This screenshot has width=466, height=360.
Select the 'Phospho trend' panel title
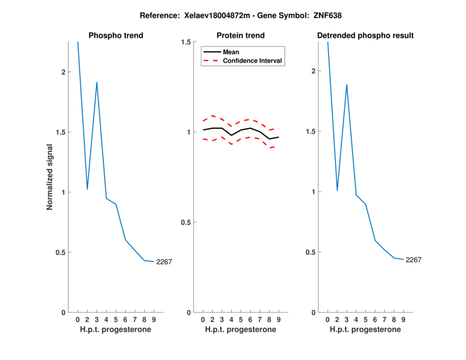[x=115, y=36]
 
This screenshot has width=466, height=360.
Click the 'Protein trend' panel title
[x=241, y=36]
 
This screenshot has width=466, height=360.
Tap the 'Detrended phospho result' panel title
[x=365, y=36]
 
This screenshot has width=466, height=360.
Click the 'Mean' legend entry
[x=231, y=52]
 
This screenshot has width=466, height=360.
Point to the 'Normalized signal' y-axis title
[x=50, y=177]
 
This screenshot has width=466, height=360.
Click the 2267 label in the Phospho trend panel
[x=164, y=262]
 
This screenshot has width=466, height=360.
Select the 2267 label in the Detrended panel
[x=414, y=260]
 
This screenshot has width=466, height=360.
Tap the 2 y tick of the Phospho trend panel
[x=63, y=72]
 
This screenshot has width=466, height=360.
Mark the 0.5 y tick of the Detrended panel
[x=313, y=252]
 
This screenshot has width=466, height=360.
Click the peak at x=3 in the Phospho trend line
[x=97, y=83]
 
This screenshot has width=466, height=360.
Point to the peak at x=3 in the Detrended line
[x=347, y=85]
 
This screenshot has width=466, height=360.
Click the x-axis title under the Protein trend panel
[x=241, y=330]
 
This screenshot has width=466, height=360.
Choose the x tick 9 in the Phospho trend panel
[x=153, y=320]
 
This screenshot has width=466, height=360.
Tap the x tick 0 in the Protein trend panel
[x=203, y=320]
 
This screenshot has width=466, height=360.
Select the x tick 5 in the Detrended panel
[x=365, y=320]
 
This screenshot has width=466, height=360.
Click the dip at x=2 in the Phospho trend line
[x=87, y=189]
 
